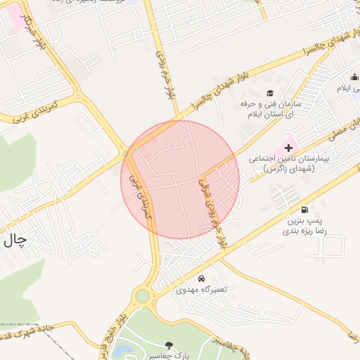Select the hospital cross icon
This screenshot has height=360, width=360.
point(288,148)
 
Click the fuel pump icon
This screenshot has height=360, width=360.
point(304,210)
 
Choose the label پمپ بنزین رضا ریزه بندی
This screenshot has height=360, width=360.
point(302,225)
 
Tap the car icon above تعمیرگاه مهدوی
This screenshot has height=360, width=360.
point(202,278)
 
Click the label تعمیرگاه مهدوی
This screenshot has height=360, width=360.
point(201,290)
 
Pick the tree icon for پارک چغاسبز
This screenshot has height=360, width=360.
point(168,345)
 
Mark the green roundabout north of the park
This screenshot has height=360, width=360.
point(143,296)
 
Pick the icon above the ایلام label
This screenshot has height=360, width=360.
point(353,78)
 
